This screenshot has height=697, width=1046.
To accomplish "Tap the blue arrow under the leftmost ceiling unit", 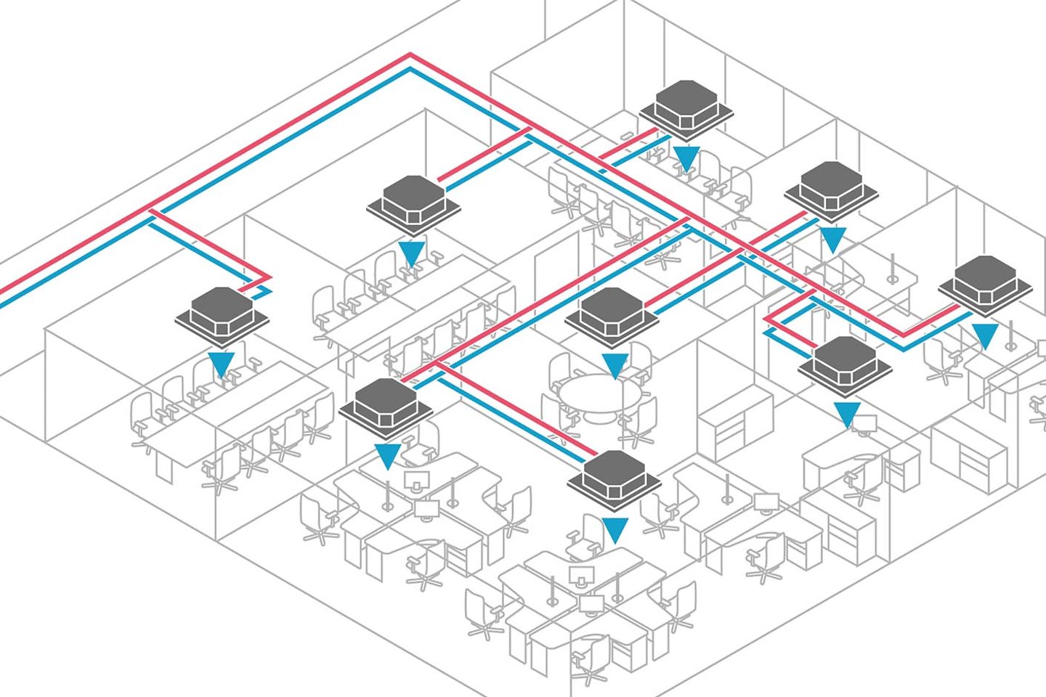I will [x=221, y=364].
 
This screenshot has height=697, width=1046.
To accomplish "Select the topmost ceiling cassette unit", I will [x=686, y=109].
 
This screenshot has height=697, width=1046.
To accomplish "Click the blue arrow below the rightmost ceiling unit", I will [x=985, y=336].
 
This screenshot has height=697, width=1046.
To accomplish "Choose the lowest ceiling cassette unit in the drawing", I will [x=614, y=476].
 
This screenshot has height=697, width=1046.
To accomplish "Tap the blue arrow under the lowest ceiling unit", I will [x=615, y=529].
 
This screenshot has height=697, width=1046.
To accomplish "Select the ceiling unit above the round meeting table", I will [x=612, y=315].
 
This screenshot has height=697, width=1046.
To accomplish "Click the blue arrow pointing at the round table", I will [x=614, y=366].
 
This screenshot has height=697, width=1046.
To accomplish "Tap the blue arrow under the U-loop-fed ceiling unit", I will [x=846, y=414].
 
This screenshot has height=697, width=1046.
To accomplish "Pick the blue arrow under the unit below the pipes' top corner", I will [x=412, y=253].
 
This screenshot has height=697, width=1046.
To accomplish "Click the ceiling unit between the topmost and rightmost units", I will [x=832, y=190].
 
